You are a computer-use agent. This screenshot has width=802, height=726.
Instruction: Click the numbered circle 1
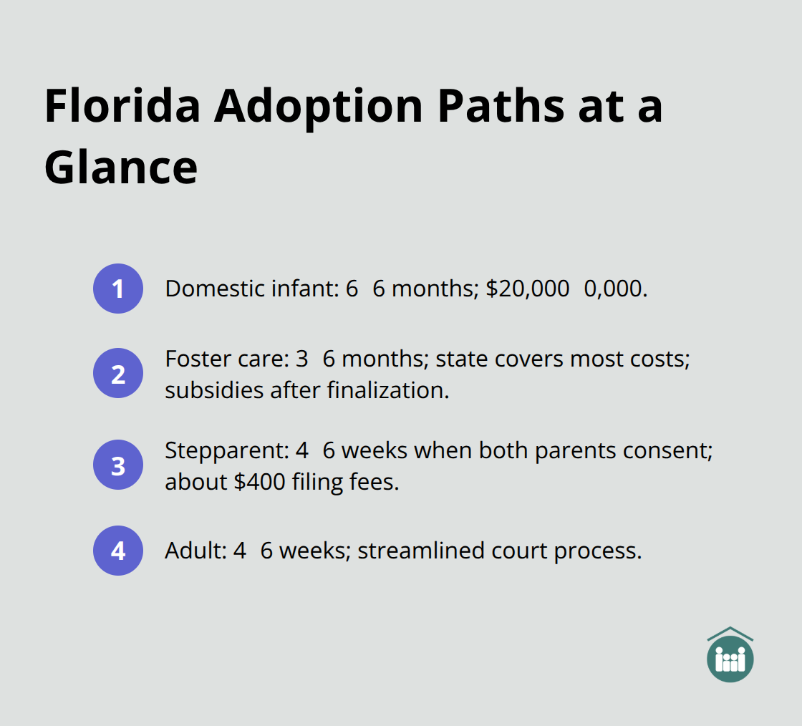[118, 289]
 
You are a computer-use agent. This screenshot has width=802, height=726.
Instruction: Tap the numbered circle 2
[118, 373]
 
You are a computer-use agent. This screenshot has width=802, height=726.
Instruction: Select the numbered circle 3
[118, 465]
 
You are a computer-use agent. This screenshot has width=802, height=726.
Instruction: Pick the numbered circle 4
[118, 551]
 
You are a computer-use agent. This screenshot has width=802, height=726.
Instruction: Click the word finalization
[388, 390]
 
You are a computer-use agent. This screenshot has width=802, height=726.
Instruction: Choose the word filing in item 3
[318, 483]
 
